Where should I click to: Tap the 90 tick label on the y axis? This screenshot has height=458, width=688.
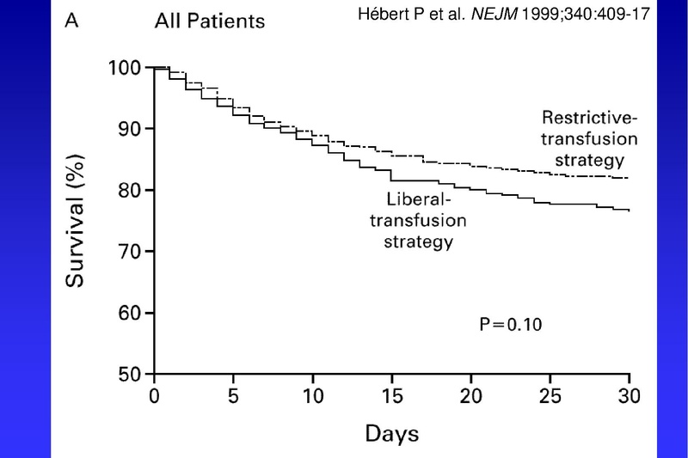127,129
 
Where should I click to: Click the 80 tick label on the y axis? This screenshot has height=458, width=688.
127,190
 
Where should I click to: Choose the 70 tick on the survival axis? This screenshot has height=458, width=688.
127,252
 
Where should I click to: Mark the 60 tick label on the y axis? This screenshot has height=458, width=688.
127,313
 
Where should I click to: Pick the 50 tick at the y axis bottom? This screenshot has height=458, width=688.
127,375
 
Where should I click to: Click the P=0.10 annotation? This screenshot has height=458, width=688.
511,325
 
